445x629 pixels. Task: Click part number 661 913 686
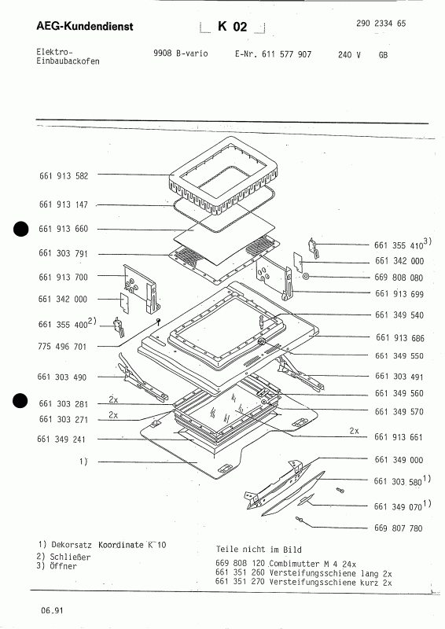point(400,338)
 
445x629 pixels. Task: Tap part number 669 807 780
point(400,528)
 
